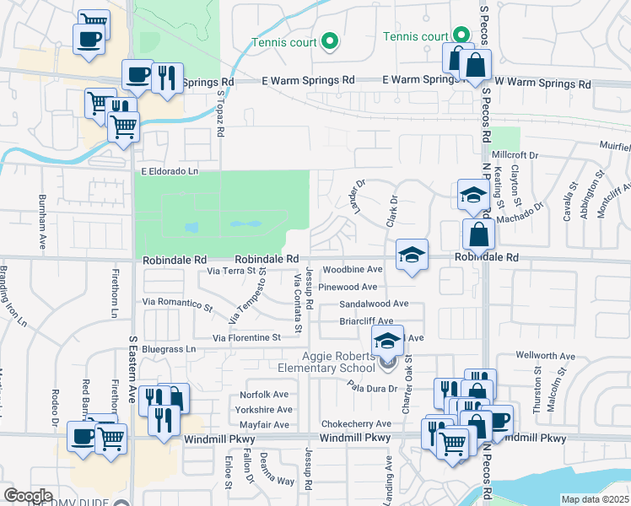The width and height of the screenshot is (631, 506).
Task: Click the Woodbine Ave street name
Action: click(x=353, y=269)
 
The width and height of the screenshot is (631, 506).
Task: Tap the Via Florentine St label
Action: click(x=246, y=337)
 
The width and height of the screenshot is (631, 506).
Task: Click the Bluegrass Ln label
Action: click(x=169, y=348)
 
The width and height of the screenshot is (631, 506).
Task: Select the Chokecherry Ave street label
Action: click(x=356, y=423)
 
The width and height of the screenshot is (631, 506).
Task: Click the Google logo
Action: click(x=28, y=495)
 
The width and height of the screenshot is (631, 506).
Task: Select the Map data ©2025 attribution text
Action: click(x=594, y=499)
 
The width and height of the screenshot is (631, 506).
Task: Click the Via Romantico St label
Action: click(x=177, y=301)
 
